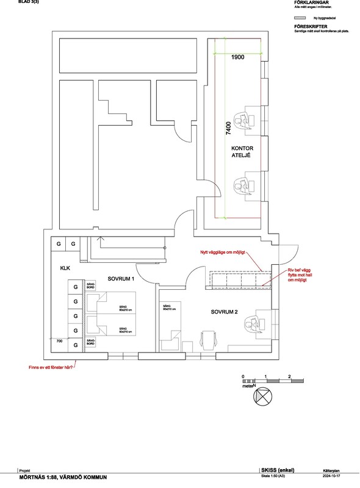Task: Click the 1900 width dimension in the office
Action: pos(237,57)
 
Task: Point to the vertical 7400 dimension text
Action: pos(228,129)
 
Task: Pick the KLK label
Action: pos(66,268)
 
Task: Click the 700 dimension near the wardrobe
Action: pos(60,342)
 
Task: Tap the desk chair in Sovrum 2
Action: pos(209,339)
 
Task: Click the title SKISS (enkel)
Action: pos(278,470)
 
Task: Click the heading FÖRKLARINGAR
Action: pos(312,2)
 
